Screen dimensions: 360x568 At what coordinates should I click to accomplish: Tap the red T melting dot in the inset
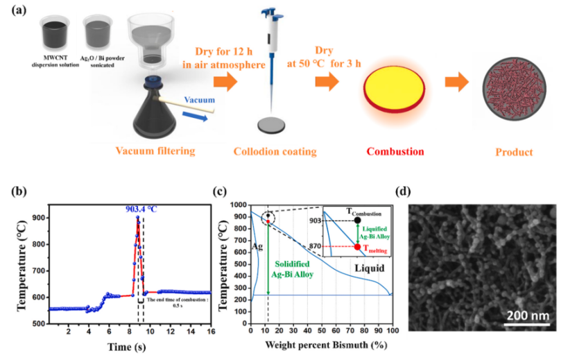[357, 246]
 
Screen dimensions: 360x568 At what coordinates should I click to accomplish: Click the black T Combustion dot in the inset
[357, 220]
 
